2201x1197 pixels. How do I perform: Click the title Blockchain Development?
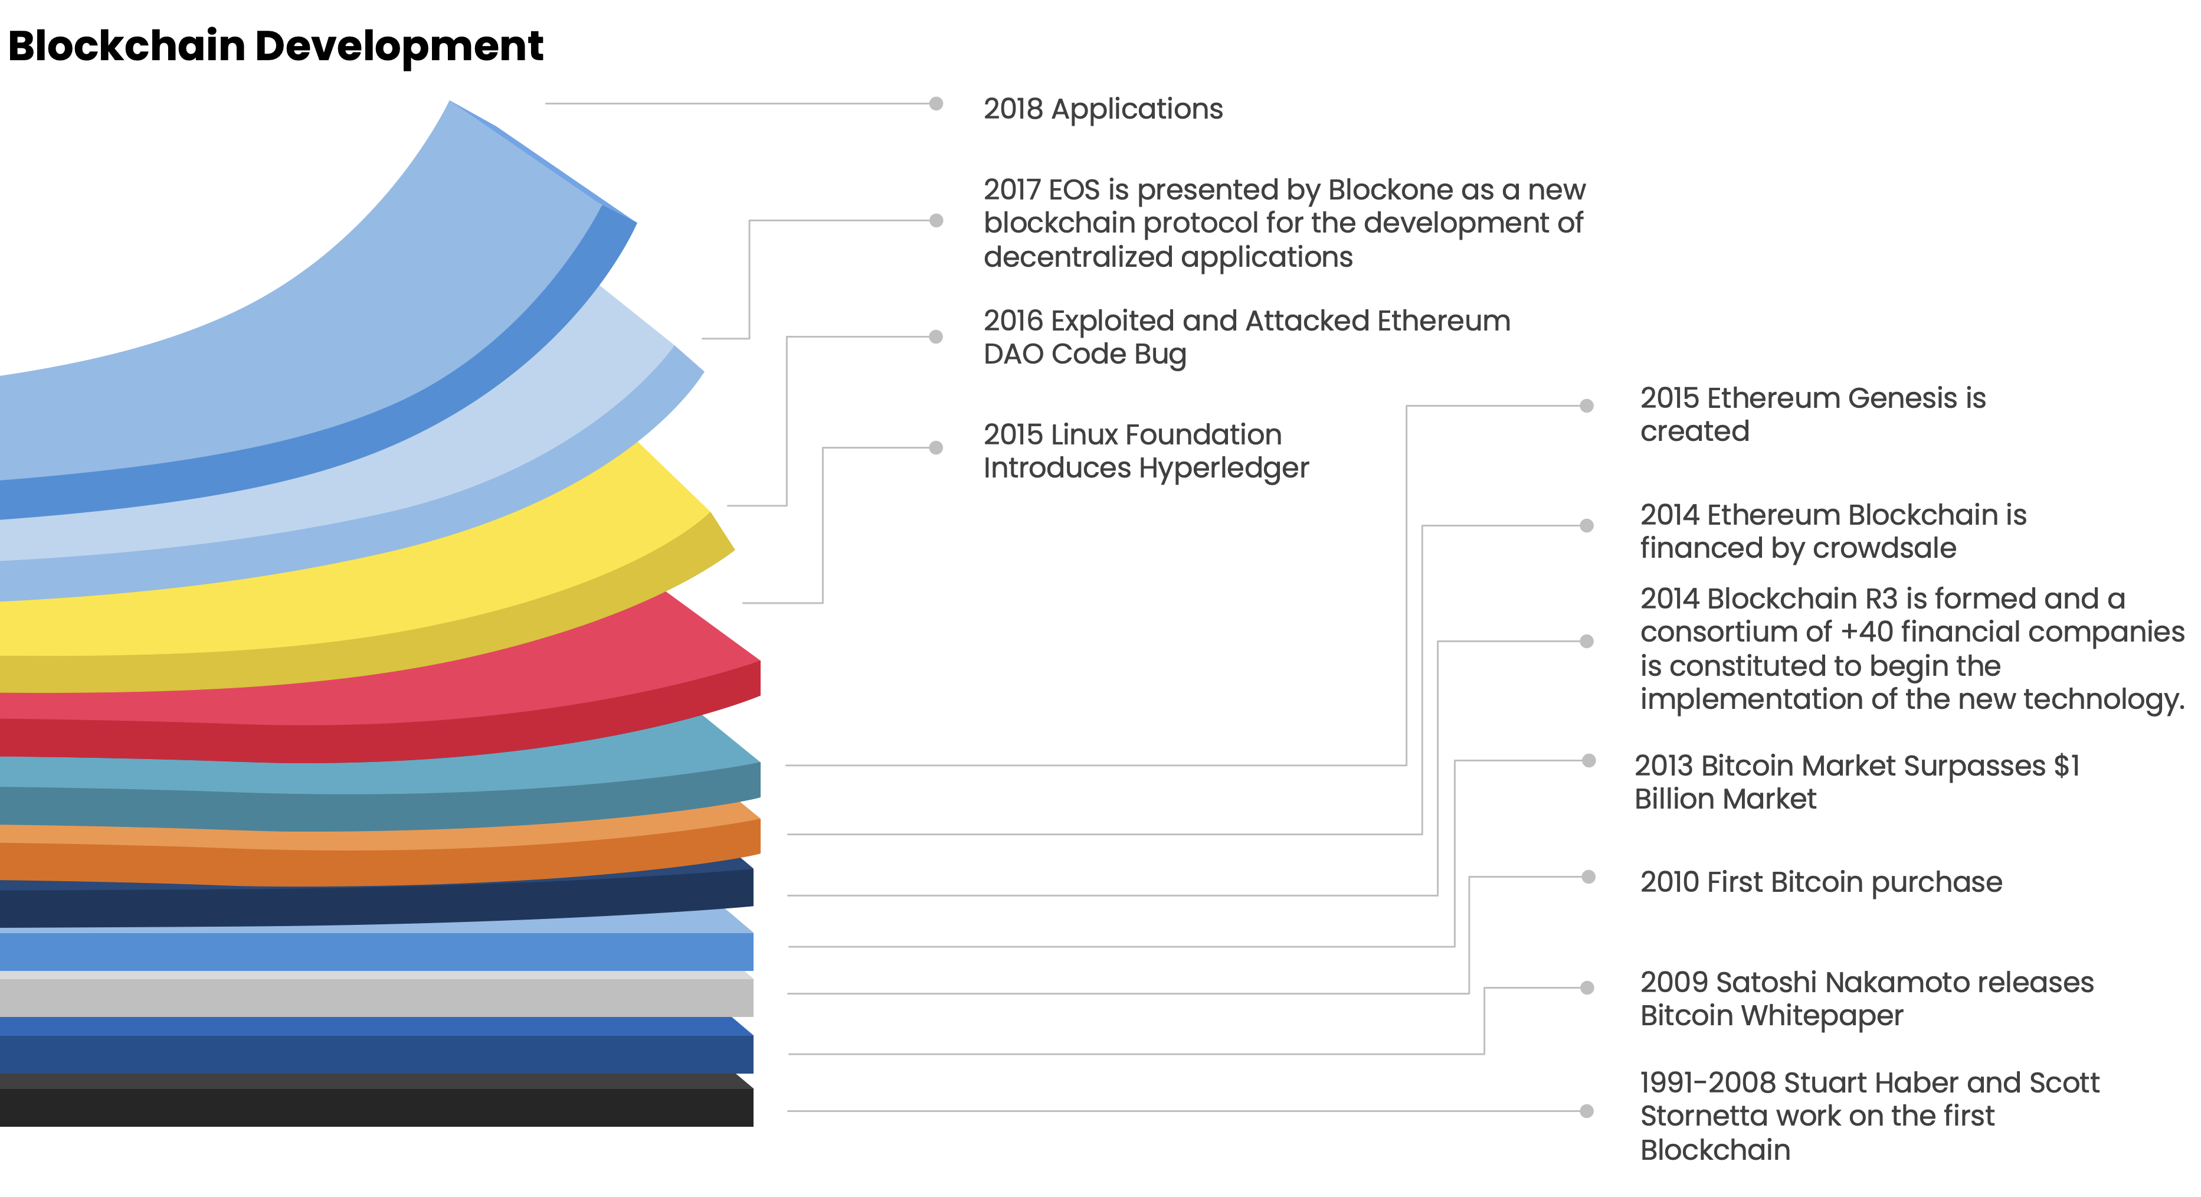coord(275,46)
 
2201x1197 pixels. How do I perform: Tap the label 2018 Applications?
coord(1102,109)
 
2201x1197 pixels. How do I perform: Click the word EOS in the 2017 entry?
coord(1074,189)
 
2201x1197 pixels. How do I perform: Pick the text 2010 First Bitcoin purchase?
coord(1820,882)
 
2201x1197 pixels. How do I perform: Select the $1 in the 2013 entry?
coord(2066,766)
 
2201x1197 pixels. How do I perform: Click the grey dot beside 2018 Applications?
coord(936,104)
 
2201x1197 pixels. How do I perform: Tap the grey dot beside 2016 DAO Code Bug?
coord(936,336)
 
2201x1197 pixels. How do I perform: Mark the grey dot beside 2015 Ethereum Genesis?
coord(1587,406)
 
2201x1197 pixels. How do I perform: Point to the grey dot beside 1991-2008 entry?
coord(1587,1111)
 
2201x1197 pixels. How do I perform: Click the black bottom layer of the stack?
coord(376,1107)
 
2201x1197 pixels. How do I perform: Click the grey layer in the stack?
coord(376,996)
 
